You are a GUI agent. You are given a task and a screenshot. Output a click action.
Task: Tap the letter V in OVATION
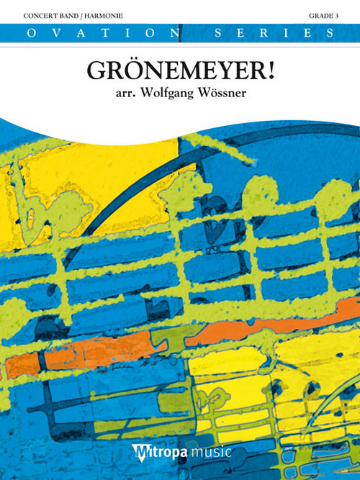point(50,32)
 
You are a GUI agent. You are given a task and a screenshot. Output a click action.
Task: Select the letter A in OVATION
point(79,32)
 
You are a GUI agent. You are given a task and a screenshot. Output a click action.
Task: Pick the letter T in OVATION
point(109,32)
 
